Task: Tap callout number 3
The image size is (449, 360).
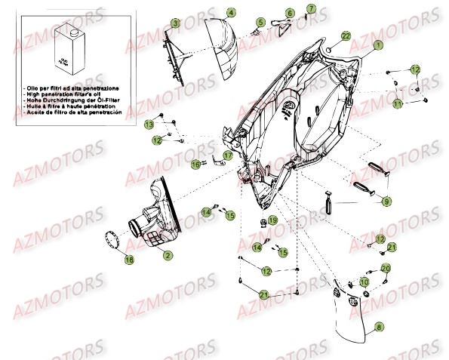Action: [x=174, y=23]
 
